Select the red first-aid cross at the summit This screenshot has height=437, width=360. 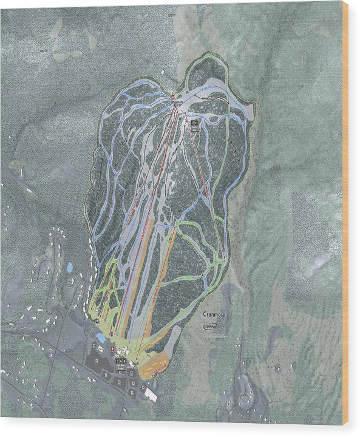coord(172,97)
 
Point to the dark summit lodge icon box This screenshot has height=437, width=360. coord(194,123)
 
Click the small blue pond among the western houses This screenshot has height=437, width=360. coord(70,266)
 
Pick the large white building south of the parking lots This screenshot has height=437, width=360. coord(150,393)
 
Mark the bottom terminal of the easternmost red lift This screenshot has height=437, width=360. coord(224,257)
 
